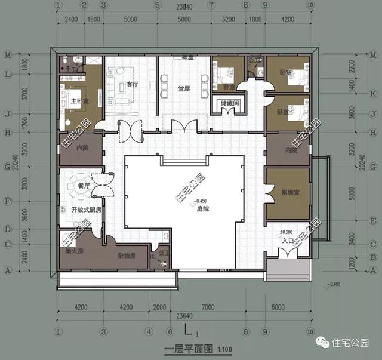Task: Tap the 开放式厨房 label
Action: (x=86, y=210)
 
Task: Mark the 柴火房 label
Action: (x=74, y=251)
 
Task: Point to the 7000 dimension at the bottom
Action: (x=208, y=307)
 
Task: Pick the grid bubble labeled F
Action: (x=8, y=201)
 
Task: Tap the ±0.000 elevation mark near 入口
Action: (x=286, y=232)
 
